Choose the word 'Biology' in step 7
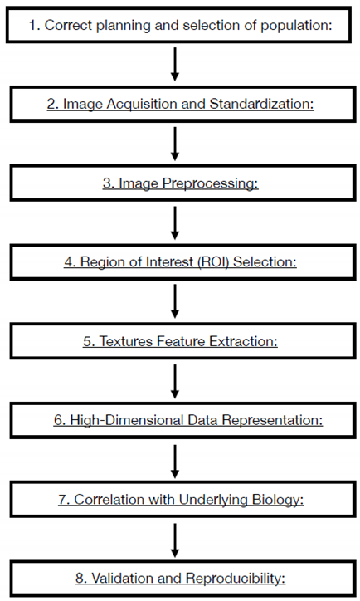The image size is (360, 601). click(x=259, y=500)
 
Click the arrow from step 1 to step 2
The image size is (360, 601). click(x=175, y=64)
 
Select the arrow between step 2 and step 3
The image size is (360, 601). click(x=175, y=143)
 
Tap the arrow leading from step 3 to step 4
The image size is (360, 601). click(x=175, y=222)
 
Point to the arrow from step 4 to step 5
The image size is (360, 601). click(x=175, y=301)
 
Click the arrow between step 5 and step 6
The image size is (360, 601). click(x=175, y=380)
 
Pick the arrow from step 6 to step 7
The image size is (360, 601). click(x=175, y=460)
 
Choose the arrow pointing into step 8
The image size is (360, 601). click(x=175, y=539)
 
